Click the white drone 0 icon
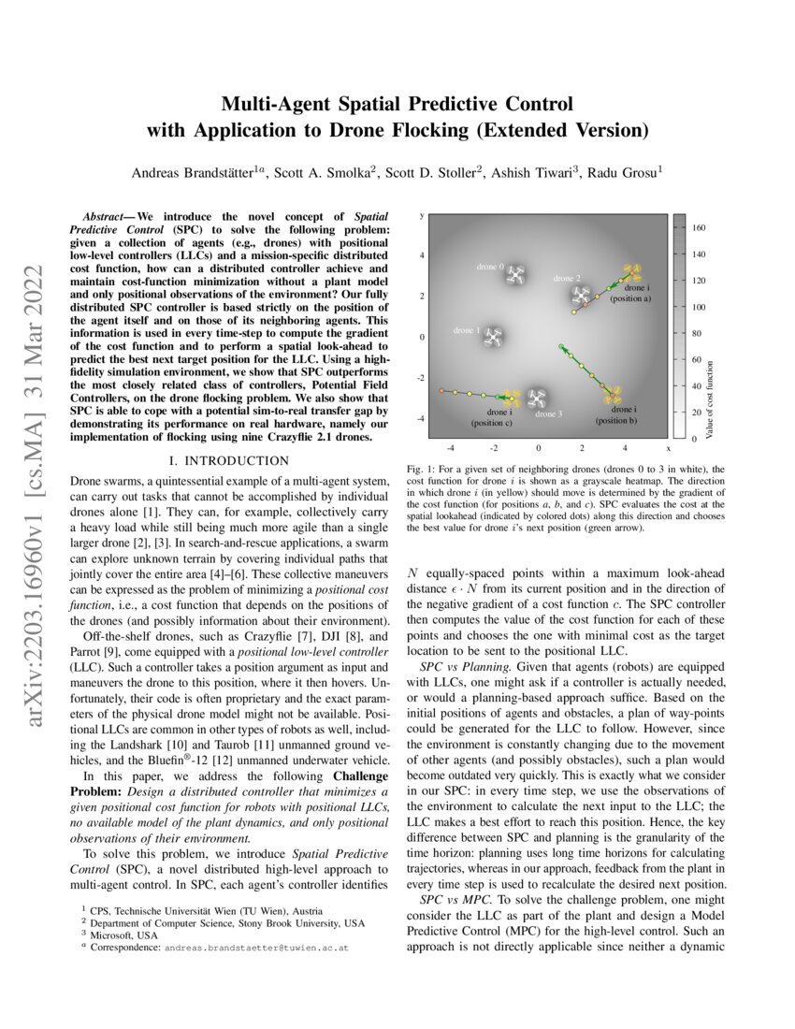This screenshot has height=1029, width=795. point(515,273)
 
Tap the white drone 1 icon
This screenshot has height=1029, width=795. point(493,338)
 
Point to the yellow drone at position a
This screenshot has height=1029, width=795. point(630,273)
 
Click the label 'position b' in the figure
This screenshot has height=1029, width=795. point(616,421)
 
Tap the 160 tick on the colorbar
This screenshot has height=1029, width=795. point(699,228)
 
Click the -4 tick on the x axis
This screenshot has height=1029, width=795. point(450,448)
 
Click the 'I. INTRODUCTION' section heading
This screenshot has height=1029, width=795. point(229,460)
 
